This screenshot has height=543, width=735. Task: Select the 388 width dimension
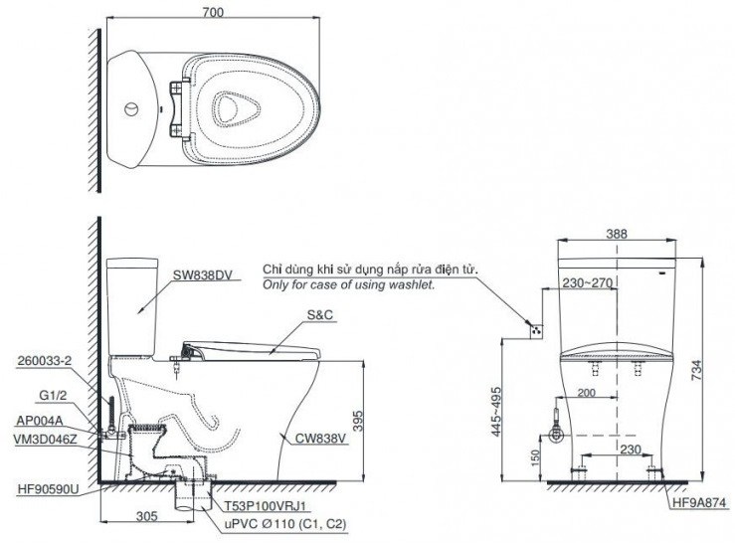tap(618, 235)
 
